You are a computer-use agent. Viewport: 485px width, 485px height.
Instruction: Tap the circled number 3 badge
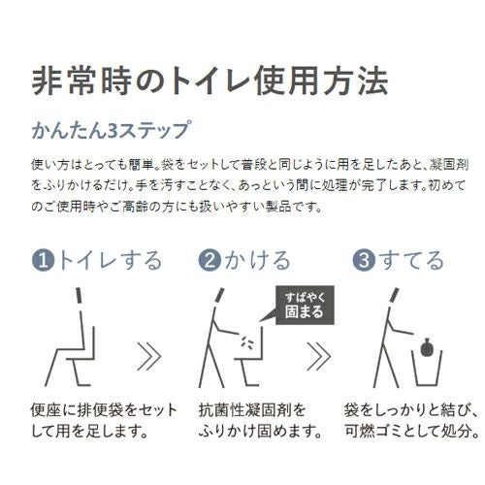(362, 260)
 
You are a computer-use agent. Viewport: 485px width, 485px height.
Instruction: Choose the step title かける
(256, 260)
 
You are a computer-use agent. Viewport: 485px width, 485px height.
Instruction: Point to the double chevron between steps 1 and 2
(147, 356)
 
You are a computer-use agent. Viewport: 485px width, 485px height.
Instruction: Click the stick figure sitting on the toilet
(73, 335)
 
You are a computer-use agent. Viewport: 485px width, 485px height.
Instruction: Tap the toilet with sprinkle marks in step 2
(251, 354)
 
